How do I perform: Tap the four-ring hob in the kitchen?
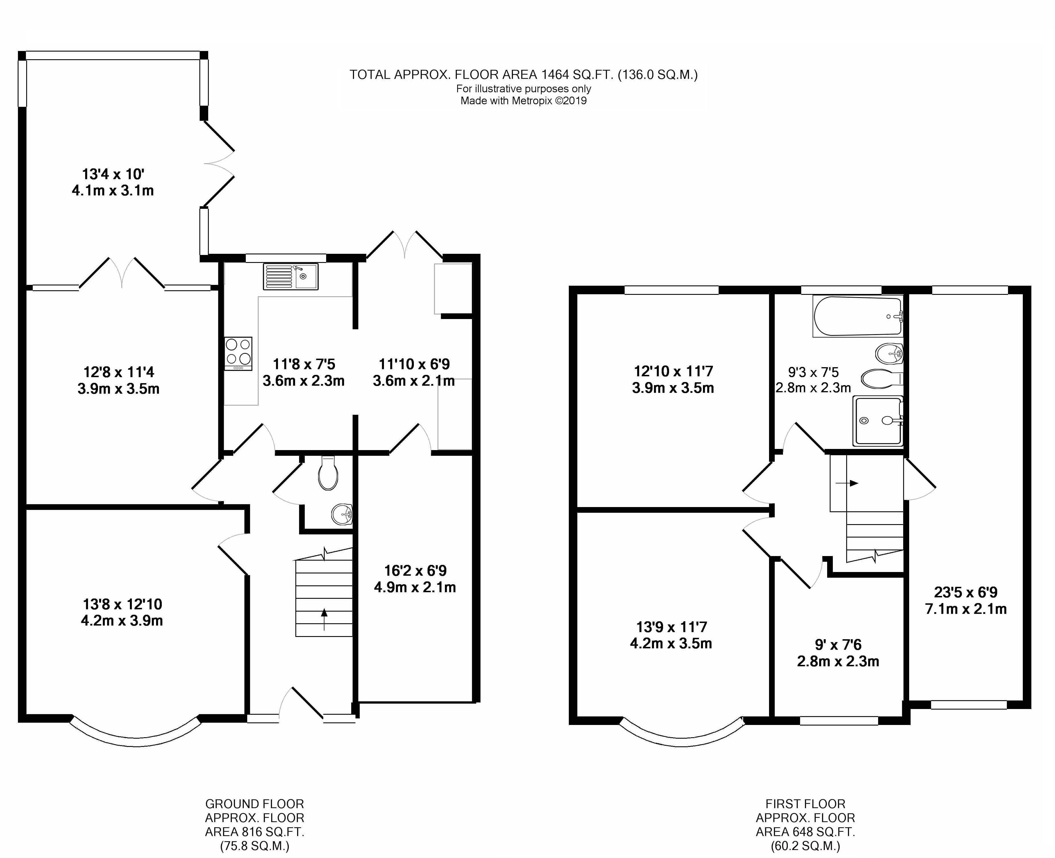click(x=238, y=354)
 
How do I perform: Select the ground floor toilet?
click(x=328, y=473)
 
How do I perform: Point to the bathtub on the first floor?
click(x=858, y=316)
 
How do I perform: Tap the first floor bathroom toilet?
click(x=882, y=379)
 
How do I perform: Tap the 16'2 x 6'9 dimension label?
click(x=415, y=579)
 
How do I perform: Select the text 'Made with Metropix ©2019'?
click(x=524, y=101)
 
